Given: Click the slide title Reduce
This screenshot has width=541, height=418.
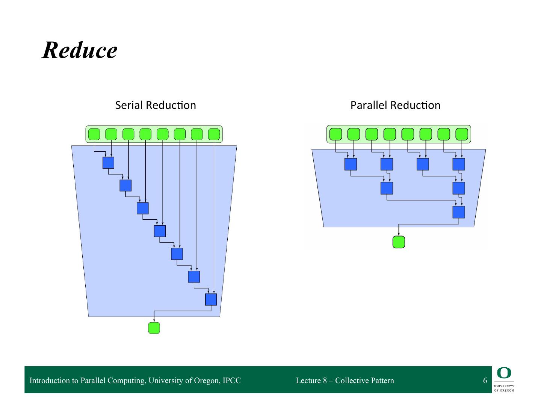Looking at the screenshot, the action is [x=80, y=50].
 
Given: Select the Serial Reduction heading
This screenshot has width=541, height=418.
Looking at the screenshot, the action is [x=156, y=105].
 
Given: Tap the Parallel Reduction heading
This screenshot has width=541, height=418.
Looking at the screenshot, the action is [x=395, y=105].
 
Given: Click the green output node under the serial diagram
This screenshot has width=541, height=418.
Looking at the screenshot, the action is [x=154, y=328].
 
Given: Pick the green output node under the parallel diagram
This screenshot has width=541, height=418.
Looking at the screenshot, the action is [x=399, y=242].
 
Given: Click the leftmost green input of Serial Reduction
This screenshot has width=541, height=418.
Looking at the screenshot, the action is [x=94, y=134].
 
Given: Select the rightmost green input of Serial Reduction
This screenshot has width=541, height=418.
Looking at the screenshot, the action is [x=214, y=134].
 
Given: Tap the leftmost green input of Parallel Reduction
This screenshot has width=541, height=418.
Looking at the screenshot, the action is [x=335, y=134].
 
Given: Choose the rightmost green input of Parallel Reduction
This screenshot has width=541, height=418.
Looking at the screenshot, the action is [x=462, y=134].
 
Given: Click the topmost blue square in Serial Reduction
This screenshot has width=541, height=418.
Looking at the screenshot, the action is [x=108, y=163].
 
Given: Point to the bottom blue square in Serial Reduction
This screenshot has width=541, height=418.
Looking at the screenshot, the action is [x=211, y=299].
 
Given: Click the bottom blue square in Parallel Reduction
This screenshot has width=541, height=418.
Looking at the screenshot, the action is [x=459, y=212].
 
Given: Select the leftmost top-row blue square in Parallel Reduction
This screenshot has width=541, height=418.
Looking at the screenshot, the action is [x=351, y=164].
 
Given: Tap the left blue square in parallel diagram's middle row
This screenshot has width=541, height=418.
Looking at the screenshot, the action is [x=387, y=188].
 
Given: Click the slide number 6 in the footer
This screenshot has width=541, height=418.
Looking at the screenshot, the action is [x=485, y=380].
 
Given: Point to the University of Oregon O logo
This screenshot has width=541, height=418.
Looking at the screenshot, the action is [x=504, y=373].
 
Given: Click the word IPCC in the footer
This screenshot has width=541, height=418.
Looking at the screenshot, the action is [x=231, y=380].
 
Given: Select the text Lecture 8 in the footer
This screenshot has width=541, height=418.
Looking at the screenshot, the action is [x=311, y=380].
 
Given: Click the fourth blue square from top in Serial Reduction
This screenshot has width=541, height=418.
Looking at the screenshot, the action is [x=160, y=231].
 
